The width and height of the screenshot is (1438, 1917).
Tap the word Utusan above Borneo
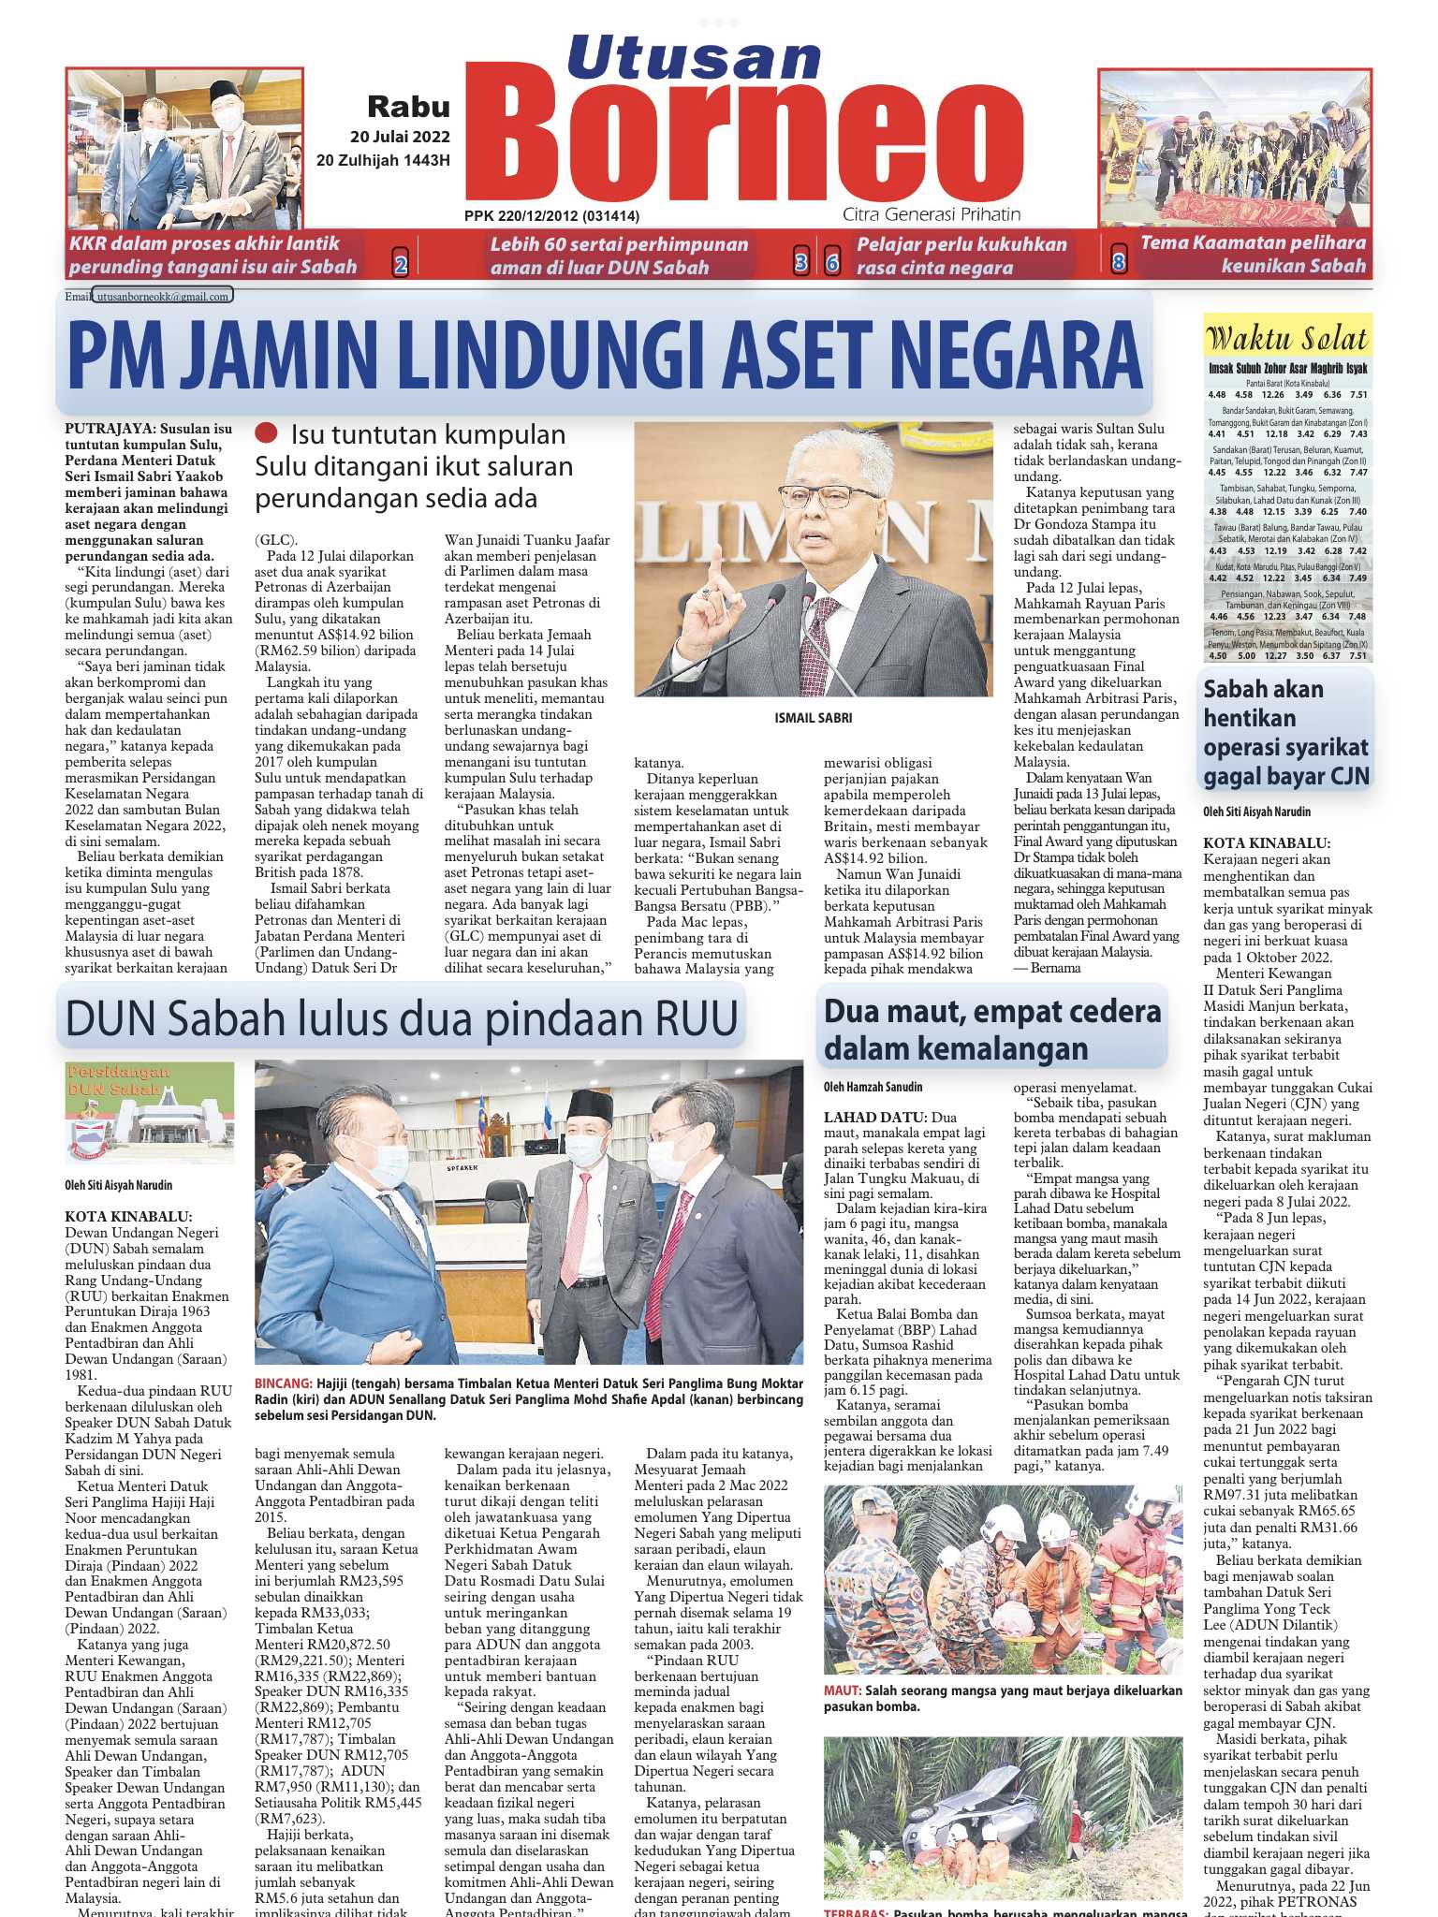coord(693,58)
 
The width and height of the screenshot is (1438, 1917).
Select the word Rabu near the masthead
coord(408,107)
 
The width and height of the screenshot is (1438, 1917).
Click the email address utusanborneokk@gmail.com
coord(164,297)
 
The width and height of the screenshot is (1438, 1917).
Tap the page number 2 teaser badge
coord(400,265)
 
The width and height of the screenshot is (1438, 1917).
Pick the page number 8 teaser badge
coord(1118,263)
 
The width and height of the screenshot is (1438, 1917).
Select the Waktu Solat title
coord(1286,338)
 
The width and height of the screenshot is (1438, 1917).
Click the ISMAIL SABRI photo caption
coord(813,718)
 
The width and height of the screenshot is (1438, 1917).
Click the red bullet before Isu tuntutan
coord(267,433)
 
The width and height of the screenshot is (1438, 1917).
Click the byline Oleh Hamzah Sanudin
coord(873,1087)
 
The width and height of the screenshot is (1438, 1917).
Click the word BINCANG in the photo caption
coord(283,1383)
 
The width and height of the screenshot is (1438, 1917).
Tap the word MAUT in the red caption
coord(842,1691)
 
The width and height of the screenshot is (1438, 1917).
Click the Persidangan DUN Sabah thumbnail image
coord(137,1112)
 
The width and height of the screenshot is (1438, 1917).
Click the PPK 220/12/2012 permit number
coord(551,216)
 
